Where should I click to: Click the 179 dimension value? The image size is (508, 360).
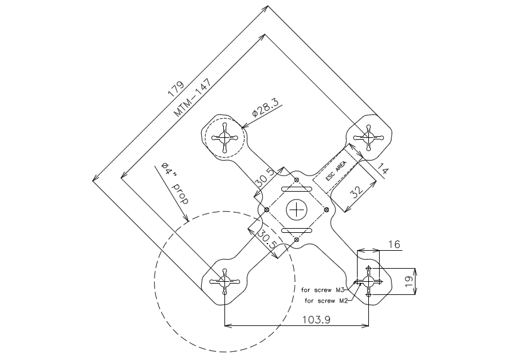tap(176, 89)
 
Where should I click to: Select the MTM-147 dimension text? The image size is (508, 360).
tap(193, 97)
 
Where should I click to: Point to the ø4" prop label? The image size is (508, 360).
tap(175, 183)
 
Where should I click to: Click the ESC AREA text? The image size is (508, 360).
tap(336, 171)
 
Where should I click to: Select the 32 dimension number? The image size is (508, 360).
tap(357, 192)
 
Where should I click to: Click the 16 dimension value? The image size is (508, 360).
tap(394, 244)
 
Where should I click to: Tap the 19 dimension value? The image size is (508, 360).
tap(409, 281)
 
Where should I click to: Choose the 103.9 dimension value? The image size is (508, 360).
tap(316, 320)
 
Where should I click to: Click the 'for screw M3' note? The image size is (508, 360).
tap(321, 290)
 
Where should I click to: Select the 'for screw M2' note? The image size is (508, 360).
tap(326, 301)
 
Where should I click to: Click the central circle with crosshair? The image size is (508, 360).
tap(297, 210)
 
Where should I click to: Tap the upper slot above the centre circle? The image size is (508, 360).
tap(297, 189)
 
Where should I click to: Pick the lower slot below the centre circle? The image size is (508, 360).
tap(297, 230)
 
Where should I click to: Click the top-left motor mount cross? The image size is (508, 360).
tap(225, 138)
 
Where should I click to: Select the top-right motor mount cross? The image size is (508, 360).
tap(368, 138)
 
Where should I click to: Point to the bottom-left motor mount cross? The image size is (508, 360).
tap(225, 282)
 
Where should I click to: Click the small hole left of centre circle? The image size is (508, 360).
tap(267, 210)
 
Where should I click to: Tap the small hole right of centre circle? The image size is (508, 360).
tap(327, 210)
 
